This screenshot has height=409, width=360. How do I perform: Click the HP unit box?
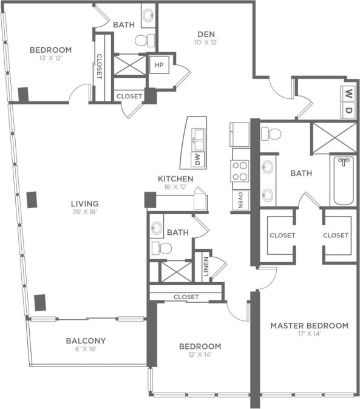[x=159, y=65]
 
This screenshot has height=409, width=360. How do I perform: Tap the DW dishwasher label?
[x=197, y=160]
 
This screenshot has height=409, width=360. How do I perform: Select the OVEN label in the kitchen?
[x=240, y=201]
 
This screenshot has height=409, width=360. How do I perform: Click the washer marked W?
[x=349, y=93]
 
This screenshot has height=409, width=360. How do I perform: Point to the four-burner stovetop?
[x=240, y=171]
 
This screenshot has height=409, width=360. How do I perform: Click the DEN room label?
[x=207, y=33]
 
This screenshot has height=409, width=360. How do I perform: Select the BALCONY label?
[x=86, y=340]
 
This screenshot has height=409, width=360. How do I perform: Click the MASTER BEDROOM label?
[x=309, y=325]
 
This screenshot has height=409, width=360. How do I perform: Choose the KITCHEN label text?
[x=175, y=178]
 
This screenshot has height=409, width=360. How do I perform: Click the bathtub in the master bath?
[x=343, y=181]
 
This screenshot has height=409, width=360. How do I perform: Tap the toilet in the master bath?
[x=274, y=134]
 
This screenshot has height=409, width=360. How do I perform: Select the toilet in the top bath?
[x=143, y=41]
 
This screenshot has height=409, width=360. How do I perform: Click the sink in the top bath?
[x=148, y=15]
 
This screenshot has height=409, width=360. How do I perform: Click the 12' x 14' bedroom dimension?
[x=200, y=356]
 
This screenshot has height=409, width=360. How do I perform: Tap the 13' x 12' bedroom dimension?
[x=50, y=59]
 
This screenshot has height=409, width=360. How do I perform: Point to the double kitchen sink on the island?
[x=197, y=139]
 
